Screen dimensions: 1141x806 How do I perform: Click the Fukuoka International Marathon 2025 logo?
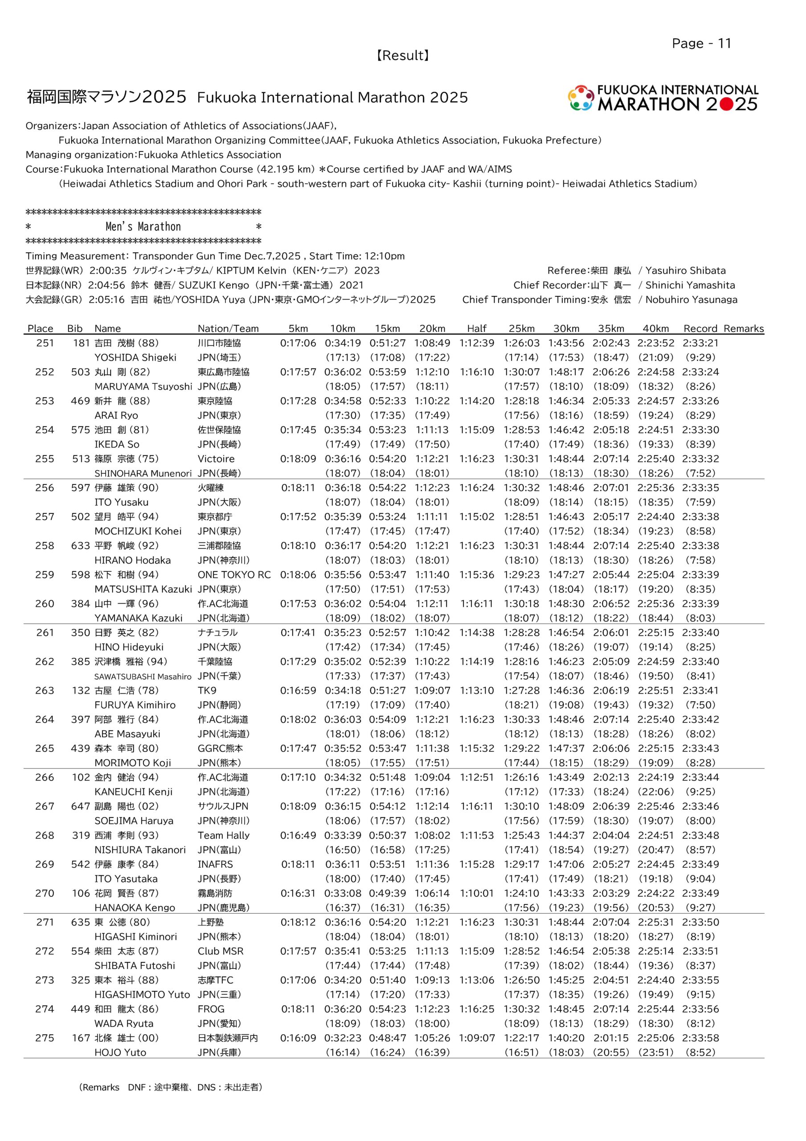tap(663, 98)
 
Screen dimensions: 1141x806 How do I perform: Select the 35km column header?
tap(611, 328)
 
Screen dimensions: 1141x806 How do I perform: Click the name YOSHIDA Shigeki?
tap(135, 357)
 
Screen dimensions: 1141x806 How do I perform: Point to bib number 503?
tap(81, 372)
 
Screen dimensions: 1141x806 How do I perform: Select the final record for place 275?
tap(700, 1038)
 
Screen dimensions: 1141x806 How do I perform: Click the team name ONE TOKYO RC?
tap(234, 575)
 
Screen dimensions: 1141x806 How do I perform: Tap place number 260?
tap(45, 604)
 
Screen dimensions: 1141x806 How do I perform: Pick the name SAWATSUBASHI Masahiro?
tap(143, 676)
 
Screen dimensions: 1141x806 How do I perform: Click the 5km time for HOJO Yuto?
tap(298, 1038)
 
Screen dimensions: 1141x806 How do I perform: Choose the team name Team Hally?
tap(224, 835)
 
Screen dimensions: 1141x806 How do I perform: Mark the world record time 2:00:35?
tap(108, 271)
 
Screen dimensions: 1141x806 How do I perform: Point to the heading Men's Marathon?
tap(143, 227)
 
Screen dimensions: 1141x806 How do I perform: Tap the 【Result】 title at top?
tap(402, 56)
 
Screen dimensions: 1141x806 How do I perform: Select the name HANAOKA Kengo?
tap(135, 908)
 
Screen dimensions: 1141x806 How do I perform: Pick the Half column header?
tap(477, 328)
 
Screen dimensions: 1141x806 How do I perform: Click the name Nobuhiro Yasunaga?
tap(691, 300)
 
